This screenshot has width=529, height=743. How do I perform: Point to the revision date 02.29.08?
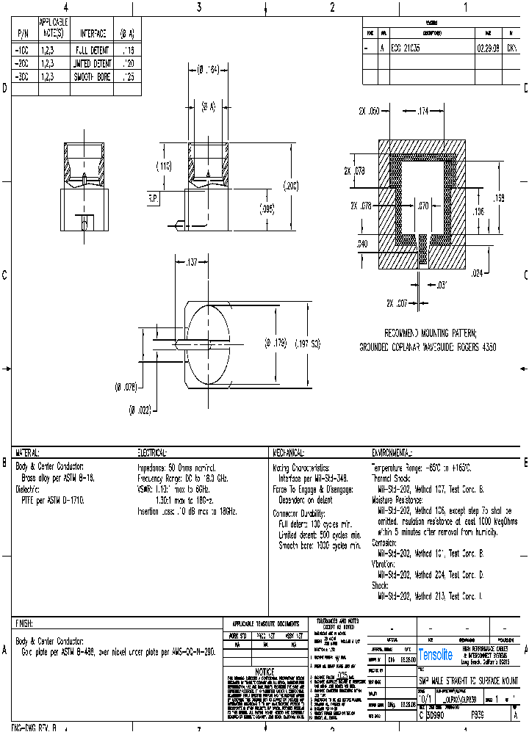487,46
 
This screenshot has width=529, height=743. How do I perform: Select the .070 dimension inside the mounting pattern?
422,207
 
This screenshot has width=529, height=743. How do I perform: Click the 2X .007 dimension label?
397,302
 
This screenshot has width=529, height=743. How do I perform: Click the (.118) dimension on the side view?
163,167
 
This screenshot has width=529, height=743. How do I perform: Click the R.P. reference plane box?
154,198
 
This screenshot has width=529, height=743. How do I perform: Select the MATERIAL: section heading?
27,453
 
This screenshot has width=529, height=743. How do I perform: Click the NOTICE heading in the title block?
264,672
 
